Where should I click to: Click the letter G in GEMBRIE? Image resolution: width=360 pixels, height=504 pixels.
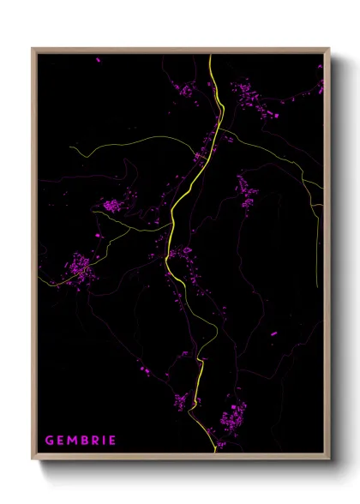pos(50,441)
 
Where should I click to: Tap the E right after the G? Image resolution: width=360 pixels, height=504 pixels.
pos(62,441)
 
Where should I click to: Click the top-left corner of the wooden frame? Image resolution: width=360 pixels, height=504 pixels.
pos(33,49)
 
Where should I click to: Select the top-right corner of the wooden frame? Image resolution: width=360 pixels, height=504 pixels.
pos(329,49)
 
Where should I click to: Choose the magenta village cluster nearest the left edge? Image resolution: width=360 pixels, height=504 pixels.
pos(81,267)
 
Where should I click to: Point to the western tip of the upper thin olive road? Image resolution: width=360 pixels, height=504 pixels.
pos(71,147)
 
